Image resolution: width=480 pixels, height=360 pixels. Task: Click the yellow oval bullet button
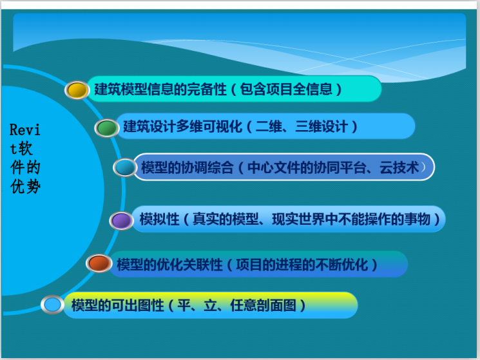(x=77, y=90)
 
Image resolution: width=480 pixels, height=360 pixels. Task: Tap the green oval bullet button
(x=106, y=128)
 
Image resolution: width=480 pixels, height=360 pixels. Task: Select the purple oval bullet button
(x=121, y=221)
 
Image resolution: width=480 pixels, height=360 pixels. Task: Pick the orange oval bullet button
(x=99, y=263)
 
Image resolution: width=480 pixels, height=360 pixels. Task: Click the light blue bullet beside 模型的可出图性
(x=53, y=304)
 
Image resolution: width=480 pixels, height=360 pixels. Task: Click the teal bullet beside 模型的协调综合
(x=125, y=167)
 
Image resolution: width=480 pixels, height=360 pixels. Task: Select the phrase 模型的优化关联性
(x=169, y=264)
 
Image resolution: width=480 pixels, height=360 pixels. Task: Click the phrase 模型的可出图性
(x=118, y=305)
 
